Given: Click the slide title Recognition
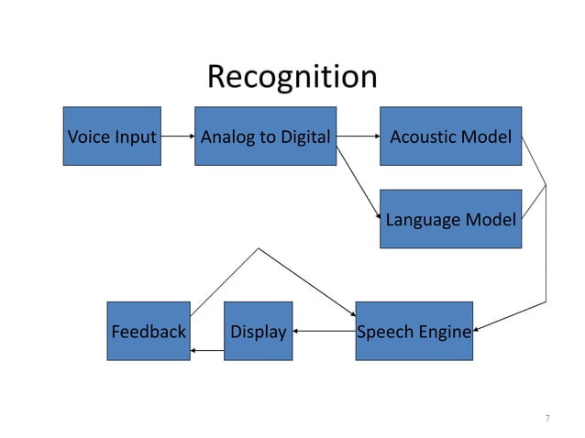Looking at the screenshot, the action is point(292,77).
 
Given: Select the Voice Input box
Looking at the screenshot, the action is point(112,136).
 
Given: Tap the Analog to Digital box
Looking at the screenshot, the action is point(266,136).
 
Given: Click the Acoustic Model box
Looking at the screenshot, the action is point(451,136).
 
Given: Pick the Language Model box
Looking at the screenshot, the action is point(451,219).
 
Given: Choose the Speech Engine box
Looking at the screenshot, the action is point(414,331).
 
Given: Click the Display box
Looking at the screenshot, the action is point(259,331).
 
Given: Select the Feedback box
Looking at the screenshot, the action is point(149,331).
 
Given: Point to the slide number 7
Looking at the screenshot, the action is point(547,418).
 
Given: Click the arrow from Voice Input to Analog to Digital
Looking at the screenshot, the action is point(178,136).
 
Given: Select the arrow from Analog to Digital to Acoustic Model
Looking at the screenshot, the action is point(359,136).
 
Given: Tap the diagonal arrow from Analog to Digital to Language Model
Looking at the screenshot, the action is point(359,182).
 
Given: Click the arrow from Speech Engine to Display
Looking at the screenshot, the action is point(325,331).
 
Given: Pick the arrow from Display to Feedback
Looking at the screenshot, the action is point(207,350).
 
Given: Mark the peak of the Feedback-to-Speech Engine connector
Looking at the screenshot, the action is point(259,248).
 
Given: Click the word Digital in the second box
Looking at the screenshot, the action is point(305,137).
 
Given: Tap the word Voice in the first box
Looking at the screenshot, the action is point(88,137).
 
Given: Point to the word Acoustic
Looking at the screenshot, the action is point(423,137).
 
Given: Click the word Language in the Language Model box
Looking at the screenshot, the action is point(423,220).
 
